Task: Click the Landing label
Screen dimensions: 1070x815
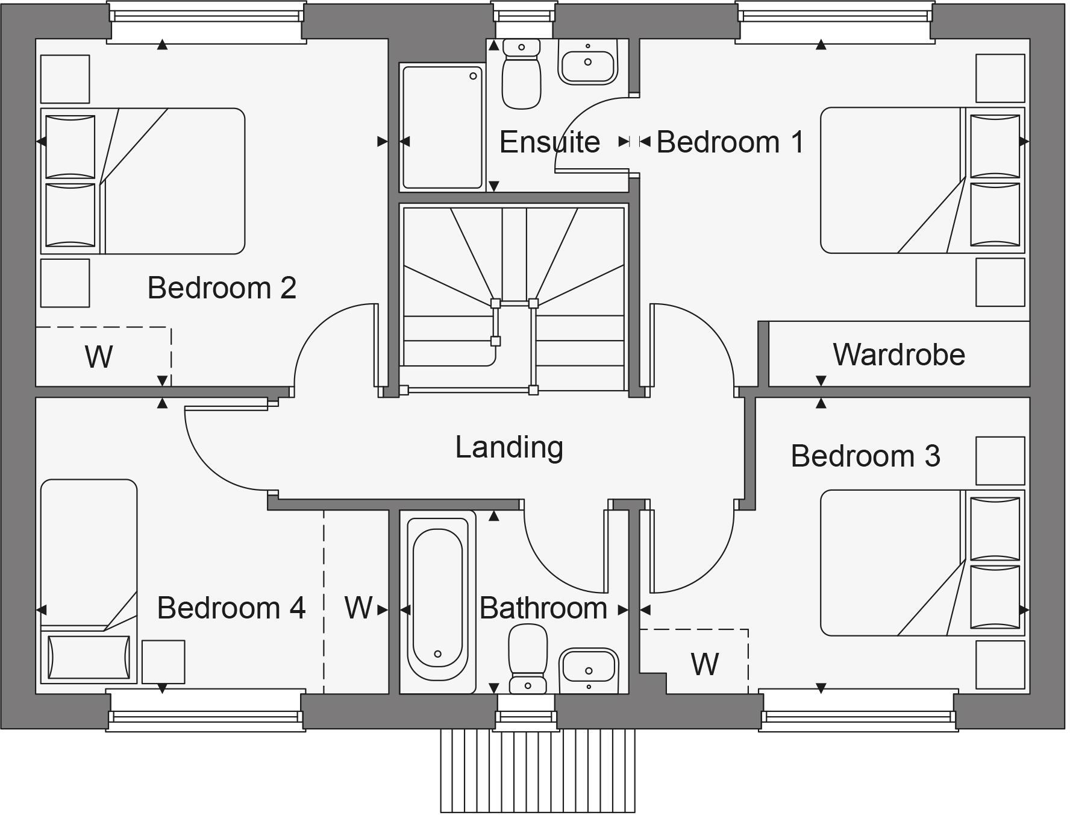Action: [510, 448]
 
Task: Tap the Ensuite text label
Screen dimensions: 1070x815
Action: [549, 143]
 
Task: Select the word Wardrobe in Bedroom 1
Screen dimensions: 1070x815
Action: [899, 354]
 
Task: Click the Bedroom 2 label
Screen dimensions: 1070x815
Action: [222, 288]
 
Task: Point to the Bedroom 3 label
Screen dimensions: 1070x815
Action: [865, 456]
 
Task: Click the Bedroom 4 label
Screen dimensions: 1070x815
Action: [231, 608]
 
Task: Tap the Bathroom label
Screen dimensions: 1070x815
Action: [543, 608]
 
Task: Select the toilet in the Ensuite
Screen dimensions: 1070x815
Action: [521, 74]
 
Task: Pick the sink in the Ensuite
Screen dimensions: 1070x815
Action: [588, 61]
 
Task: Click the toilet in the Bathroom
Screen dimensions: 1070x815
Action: [528, 659]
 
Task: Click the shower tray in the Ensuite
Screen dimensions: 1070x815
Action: [443, 127]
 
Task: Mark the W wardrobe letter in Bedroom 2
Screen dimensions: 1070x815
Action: [98, 357]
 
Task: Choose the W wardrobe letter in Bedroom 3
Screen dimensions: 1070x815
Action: [705, 664]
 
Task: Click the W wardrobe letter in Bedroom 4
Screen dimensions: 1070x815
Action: [358, 608]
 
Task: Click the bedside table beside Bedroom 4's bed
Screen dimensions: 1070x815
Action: [163, 662]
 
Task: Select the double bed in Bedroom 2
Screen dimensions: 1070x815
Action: [143, 181]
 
